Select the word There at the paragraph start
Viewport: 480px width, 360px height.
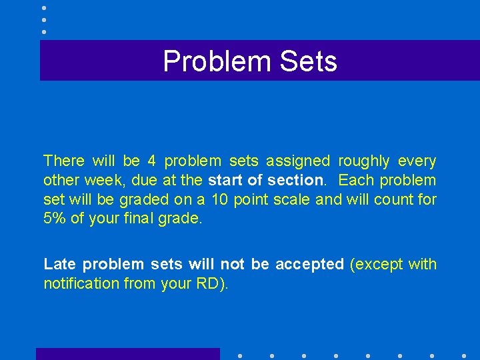click(64, 161)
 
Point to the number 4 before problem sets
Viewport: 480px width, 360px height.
click(151, 161)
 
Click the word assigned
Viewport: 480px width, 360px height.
click(298, 161)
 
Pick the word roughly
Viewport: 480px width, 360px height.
click(364, 161)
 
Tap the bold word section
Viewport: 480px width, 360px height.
click(295, 180)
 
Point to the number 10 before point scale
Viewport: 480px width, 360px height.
click(220, 199)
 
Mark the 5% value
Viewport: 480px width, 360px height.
click(55, 217)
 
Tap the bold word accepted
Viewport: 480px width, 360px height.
click(309, 264)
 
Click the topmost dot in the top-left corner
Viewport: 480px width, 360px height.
click(43, 8)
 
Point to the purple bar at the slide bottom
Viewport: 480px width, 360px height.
click(127, 354)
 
